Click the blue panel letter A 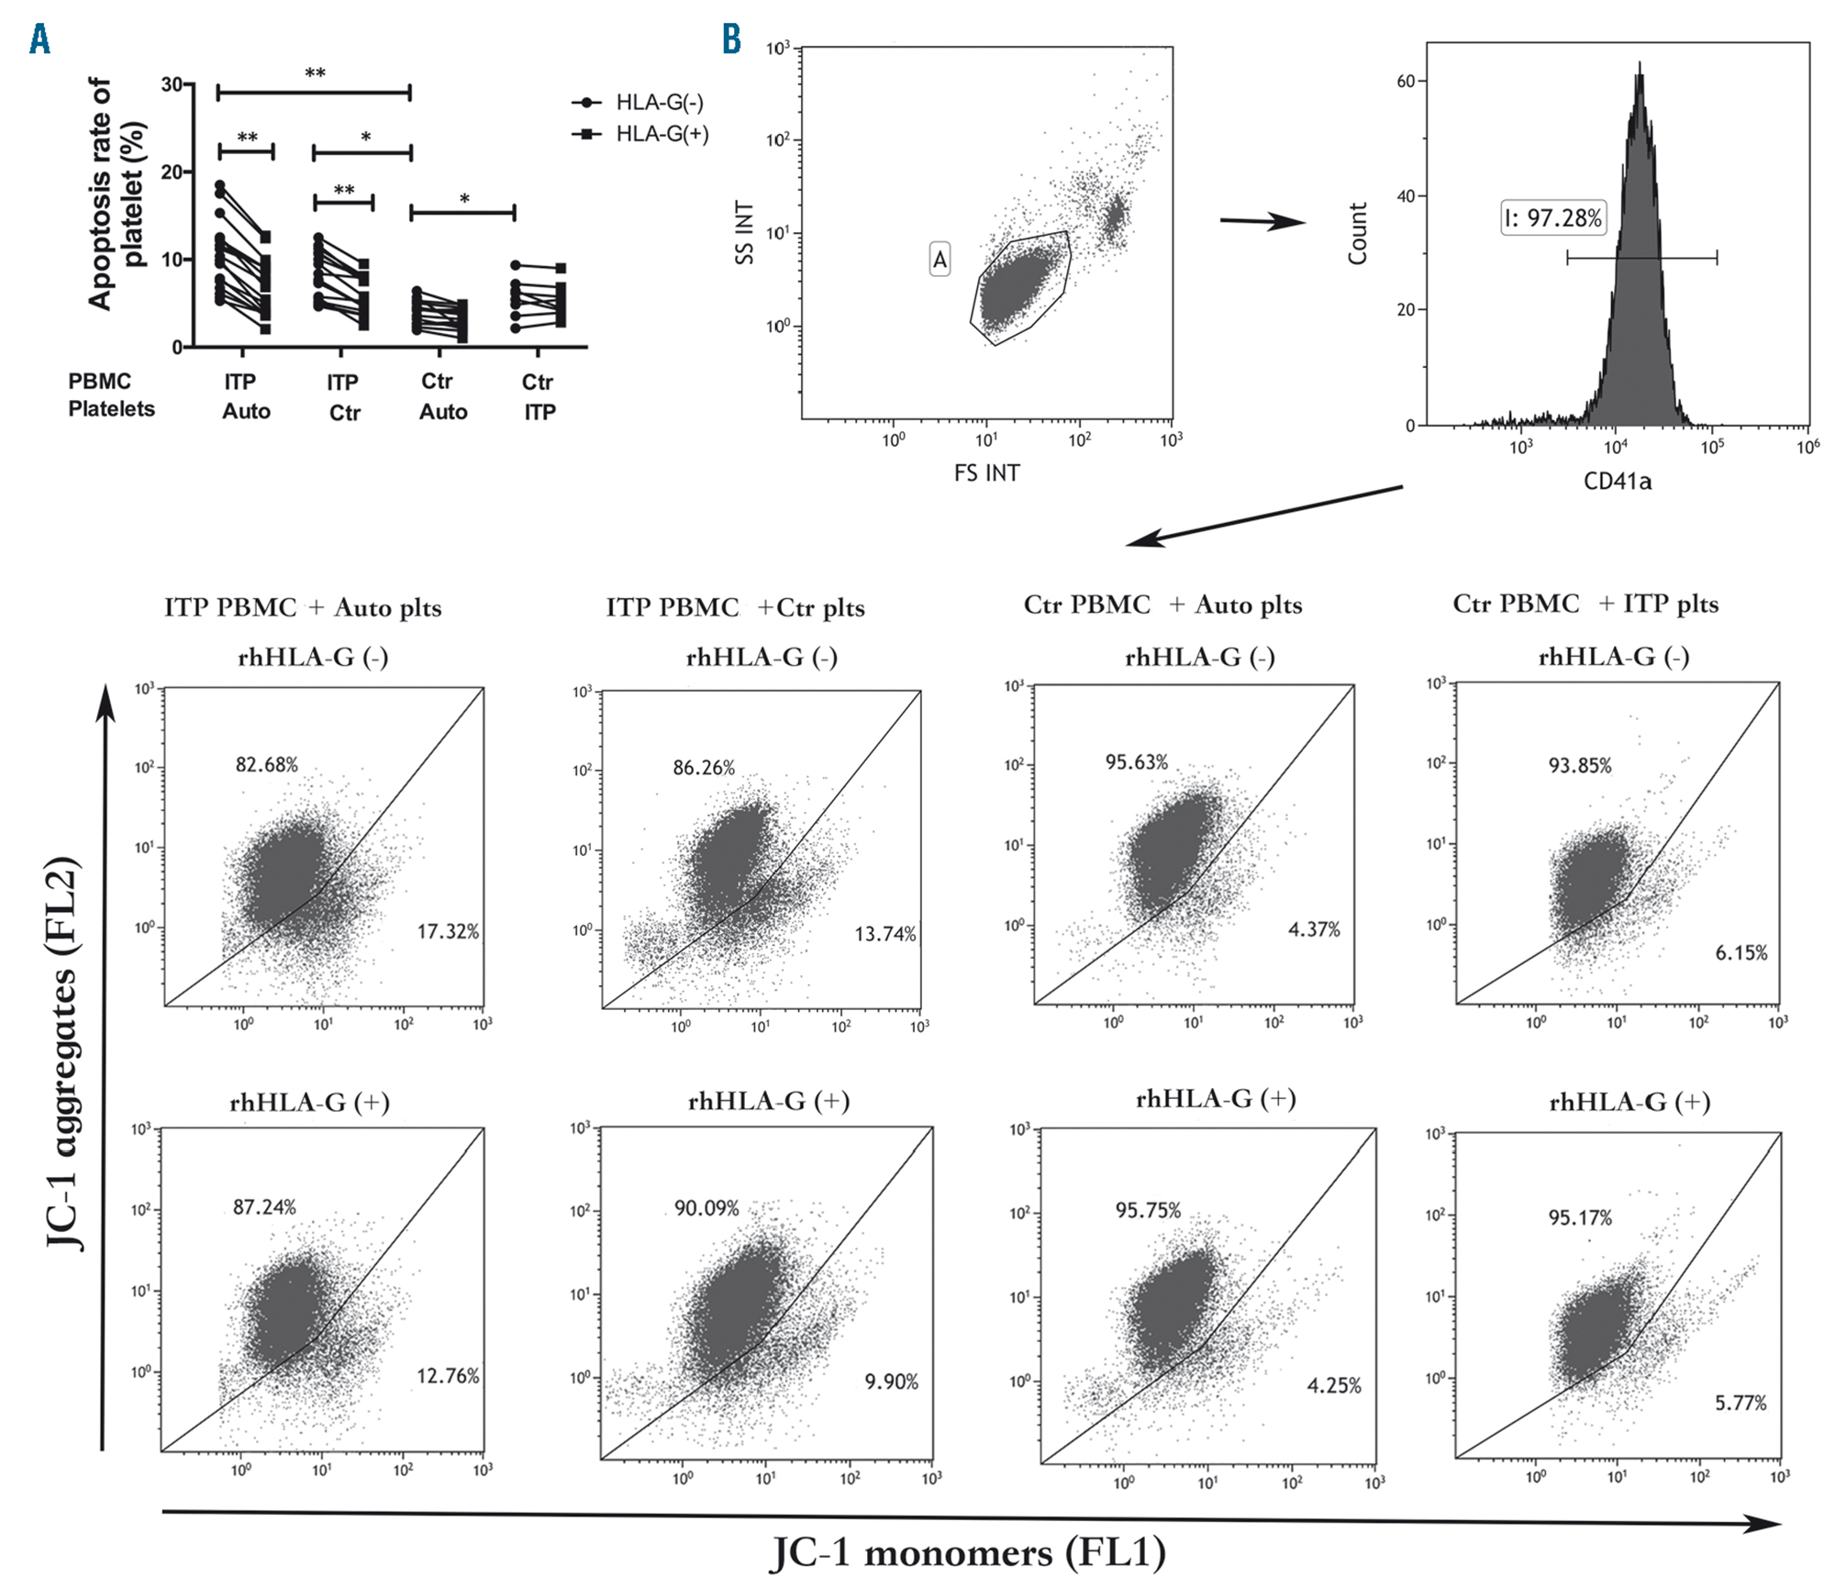point(39,39)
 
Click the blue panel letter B point(731,39)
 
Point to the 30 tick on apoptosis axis point(172,85)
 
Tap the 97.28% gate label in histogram point(1552,218)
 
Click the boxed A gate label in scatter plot point(940,260)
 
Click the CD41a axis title point(1617,482)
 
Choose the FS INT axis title point(986,473)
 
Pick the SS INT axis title point(744,233)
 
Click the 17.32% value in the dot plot point(448,932)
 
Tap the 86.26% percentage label point(704,768)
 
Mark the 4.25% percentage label point(1334,1385)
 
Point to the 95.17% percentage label point(1580,1218)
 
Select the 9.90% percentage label point(891,1382)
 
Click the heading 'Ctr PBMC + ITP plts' point(1585,605)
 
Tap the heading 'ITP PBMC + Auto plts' point(303,608)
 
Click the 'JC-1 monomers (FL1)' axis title point(968,1552)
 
